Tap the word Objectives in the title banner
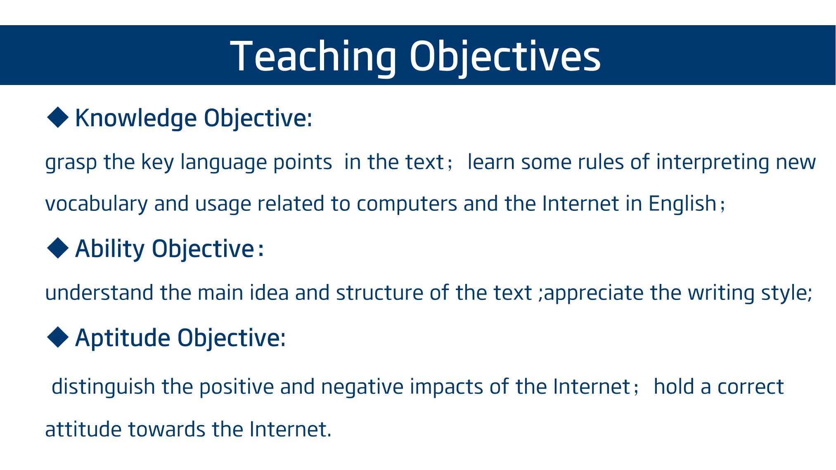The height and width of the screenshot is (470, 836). click(505, 57)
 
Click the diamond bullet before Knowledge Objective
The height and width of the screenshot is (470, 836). click(58, 117)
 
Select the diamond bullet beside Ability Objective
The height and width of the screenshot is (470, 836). click(58, 248)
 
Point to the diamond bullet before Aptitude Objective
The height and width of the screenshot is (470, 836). click(58, 337)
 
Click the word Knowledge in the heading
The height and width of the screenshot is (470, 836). click(136, 119)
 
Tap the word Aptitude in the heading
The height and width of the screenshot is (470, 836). click(123, 338)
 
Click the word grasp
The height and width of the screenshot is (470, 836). click(71, 163)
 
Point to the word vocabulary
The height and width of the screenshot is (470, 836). click(96, 204)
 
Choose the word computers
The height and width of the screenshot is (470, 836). click(407, 204)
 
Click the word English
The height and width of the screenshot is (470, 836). click(682, 204)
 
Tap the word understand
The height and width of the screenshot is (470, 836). click(99, 293)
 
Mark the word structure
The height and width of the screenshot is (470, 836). click(380, 293)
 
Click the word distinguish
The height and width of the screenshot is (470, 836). click(103, 387)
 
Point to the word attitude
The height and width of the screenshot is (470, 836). click(83, 429)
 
